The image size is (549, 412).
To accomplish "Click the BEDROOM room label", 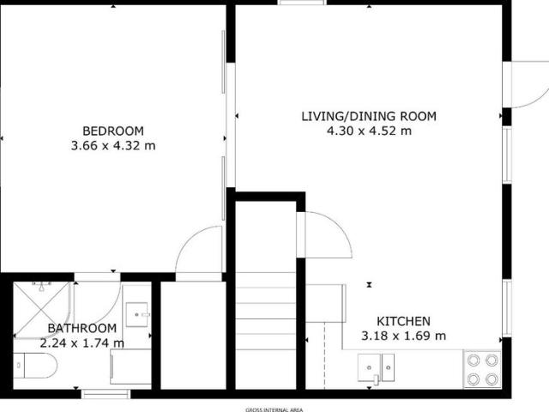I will (112, 130).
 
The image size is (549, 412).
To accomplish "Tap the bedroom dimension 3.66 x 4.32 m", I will (112, 145).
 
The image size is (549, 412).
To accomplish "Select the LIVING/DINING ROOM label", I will (369, 116).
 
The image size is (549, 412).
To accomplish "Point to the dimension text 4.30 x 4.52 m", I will (369, 130).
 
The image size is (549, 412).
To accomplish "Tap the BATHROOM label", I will (81, 329).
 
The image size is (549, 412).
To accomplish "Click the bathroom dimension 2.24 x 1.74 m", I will (81, 343).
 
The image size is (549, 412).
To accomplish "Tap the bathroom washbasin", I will (137, 314).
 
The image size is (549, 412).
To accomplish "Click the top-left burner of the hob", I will (472, 360).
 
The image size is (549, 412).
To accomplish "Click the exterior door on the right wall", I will (525, 84).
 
